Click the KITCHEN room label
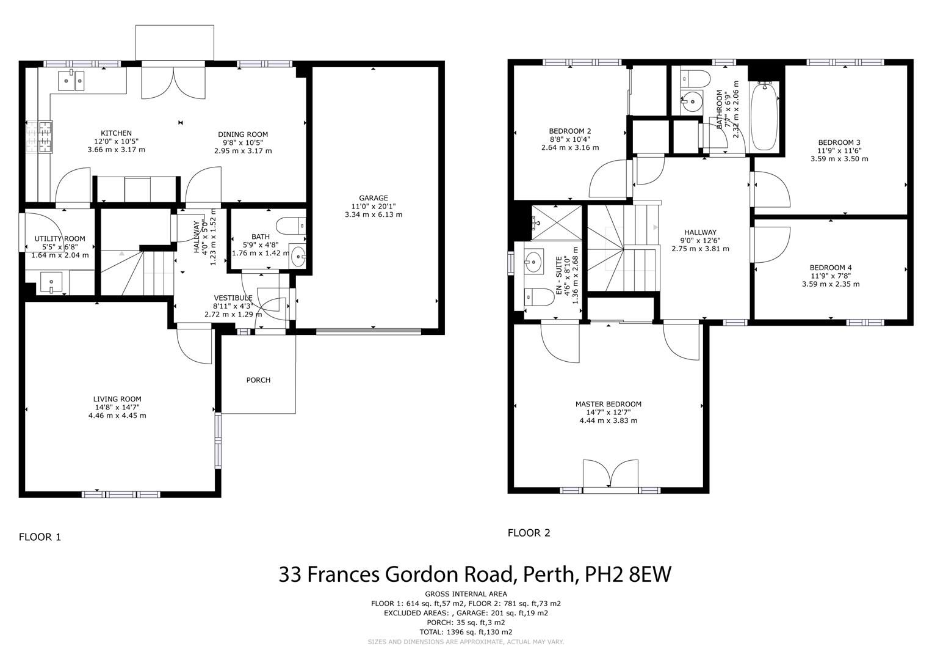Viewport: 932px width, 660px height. click(x=116, y=133)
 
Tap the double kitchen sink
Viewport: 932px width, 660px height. click(x=71, y=81)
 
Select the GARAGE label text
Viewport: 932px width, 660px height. click(x=373, y=198)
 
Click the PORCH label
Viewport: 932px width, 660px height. click(x=258, y=380)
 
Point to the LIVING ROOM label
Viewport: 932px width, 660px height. click(x=117, y=399)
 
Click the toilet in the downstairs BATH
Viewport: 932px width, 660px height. click(x=291, y=226)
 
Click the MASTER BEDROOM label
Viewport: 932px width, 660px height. click(x=608, y=404)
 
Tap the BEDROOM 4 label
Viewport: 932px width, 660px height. click(x=830, y=268)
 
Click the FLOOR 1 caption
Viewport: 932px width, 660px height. click(x=40, y=537)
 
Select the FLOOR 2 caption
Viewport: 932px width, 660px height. click(x=529, y=533)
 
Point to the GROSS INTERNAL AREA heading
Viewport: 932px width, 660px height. click(x=466, y=594)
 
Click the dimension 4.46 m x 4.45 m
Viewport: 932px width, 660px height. click(x=117, y=416)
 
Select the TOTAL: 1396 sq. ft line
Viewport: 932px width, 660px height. click(x=466, y=632)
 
